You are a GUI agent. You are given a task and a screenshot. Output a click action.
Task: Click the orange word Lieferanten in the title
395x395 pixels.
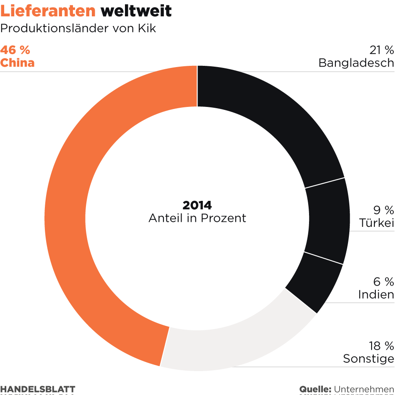(48, 11)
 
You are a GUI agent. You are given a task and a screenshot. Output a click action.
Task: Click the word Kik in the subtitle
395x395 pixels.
(147, 29)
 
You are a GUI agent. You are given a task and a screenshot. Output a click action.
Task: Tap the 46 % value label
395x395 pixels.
(15, 50)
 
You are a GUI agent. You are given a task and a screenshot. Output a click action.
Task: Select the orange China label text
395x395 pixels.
(17, 63)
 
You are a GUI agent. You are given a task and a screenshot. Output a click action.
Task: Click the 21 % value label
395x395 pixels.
(382, 50)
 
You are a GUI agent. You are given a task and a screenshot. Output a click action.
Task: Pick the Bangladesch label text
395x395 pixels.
(356, 63)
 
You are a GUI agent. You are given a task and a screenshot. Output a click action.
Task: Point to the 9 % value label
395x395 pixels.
(384, 210)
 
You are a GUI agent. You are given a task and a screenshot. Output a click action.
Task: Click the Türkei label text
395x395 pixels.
(377, 223)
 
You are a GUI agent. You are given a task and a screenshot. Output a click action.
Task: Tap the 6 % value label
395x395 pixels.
(384, 281)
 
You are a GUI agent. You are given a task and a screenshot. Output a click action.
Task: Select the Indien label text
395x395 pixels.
(376, 295)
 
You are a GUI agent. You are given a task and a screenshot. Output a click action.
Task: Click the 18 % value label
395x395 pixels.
(382, 346)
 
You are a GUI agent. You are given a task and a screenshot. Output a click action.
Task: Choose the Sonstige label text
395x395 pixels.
(369, 359)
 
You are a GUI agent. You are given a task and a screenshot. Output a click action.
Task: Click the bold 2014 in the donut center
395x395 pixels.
(197, 205)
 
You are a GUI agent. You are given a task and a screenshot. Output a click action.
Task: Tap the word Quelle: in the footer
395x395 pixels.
(315, 389)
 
